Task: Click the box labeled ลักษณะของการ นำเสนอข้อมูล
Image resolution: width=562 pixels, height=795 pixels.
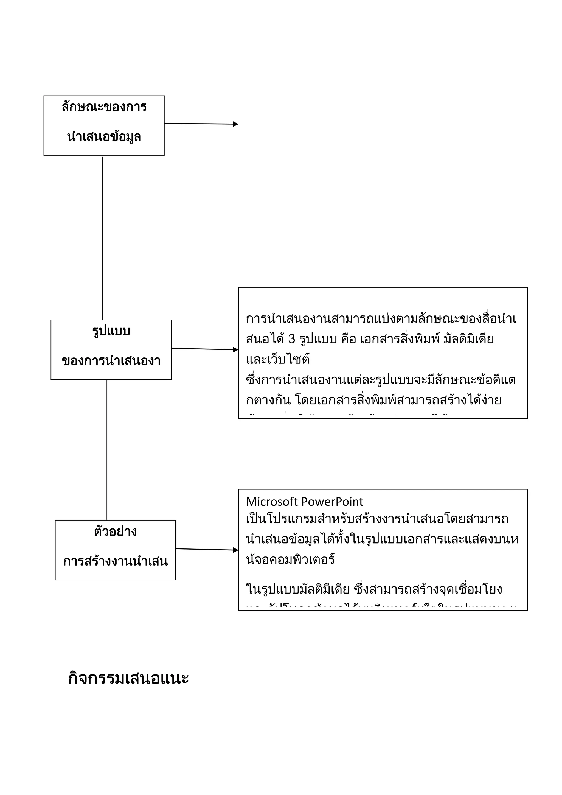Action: point(104,125)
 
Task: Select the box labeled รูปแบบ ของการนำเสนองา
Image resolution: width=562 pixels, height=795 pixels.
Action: point(111,349)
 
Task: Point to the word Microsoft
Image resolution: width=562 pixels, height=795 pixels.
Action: point(272,502)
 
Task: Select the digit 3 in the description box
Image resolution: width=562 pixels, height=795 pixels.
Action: point(291,339)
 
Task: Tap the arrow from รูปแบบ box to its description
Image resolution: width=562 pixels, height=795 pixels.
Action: point(204,349)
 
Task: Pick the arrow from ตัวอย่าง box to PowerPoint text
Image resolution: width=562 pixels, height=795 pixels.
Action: point(207,550)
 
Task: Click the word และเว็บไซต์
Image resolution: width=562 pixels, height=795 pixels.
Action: point(277,359)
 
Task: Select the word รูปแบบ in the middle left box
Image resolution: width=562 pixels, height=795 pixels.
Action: point(111,331)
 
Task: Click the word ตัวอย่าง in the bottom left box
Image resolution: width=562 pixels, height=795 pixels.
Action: point(115,531)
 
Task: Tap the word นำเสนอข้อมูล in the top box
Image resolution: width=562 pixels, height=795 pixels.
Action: point(104,137)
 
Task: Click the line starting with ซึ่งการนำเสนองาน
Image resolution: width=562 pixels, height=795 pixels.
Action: point(381,380)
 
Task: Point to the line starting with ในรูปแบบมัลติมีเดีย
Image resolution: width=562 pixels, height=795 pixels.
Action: point(374,589)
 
